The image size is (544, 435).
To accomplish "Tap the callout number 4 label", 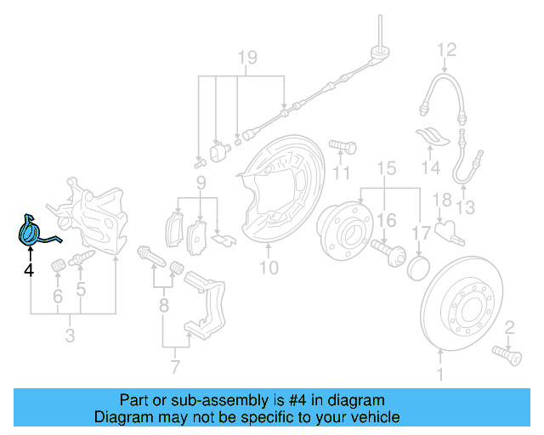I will click(28, 270).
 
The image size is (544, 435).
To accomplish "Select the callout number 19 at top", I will click(246, 58).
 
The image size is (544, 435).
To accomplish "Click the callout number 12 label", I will click(446, 48).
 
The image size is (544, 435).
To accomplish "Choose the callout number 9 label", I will click(201, 183).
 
